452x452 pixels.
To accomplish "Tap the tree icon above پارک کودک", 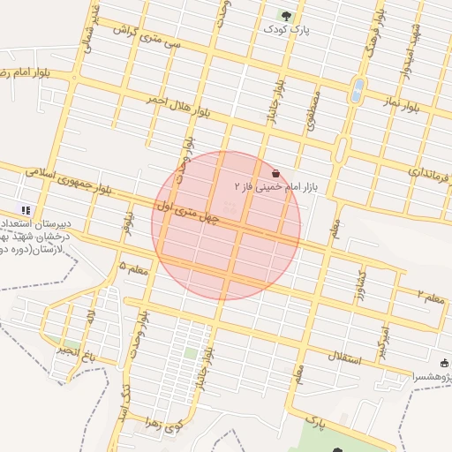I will tap(285, 15).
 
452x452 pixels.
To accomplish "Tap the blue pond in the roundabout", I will tap(358, 91).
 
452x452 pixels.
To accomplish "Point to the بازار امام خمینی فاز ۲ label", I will tap(274, 187).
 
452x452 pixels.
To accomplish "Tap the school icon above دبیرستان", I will tap(26, 210).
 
